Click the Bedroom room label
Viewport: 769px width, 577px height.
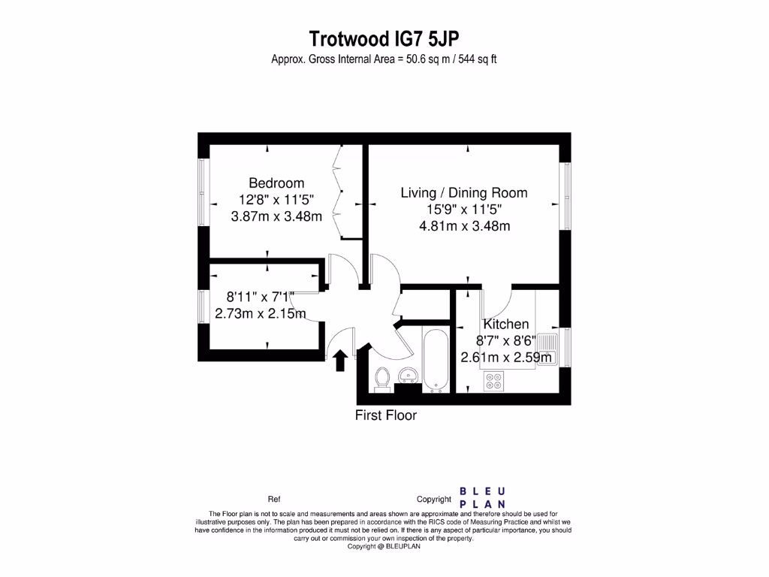coord(276,183)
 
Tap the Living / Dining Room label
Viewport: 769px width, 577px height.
coord(463,192)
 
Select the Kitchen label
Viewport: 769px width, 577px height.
coord(506,324)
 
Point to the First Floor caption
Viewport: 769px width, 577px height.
coord(385,415)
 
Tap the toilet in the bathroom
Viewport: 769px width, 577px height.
coord(381,379)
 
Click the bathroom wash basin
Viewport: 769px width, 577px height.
coord(409,373)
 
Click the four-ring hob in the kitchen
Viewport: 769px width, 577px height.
coord(493,382)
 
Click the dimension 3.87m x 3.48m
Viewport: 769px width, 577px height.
coord(276,217)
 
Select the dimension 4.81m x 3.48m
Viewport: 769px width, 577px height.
coord(464,225)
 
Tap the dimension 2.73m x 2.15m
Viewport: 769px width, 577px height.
coord(261,313)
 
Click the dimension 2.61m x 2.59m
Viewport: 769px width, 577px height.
coord(507,358)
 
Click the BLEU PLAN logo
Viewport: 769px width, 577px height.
coord(482,497)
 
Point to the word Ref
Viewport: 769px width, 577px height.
coord(274,499)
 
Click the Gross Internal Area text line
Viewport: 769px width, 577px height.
coord(384,60)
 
